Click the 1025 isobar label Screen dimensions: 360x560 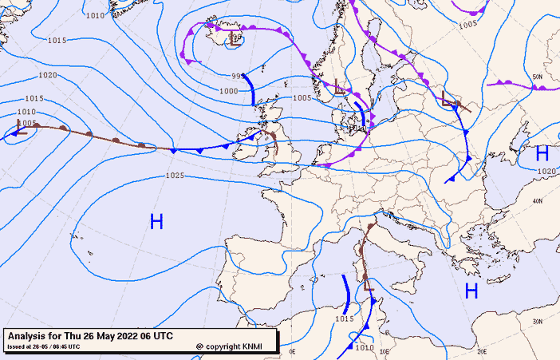(x=175, y=176)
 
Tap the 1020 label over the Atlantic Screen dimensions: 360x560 (x=48, y=75)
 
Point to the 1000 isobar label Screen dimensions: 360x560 (x=228, y=91)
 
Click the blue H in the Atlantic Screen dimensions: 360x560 (x=156, y=222)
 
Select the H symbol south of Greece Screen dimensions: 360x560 (x=471, y=291)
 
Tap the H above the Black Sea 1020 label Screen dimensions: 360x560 (x=542, y=153)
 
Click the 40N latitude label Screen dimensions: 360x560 (x=538, y=200)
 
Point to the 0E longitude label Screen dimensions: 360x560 (x=292, y=350)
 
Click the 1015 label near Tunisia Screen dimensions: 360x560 (x=344, y=318)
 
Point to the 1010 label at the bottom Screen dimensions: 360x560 (x=365, y=347)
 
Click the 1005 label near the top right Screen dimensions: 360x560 (x=468, y=24)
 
